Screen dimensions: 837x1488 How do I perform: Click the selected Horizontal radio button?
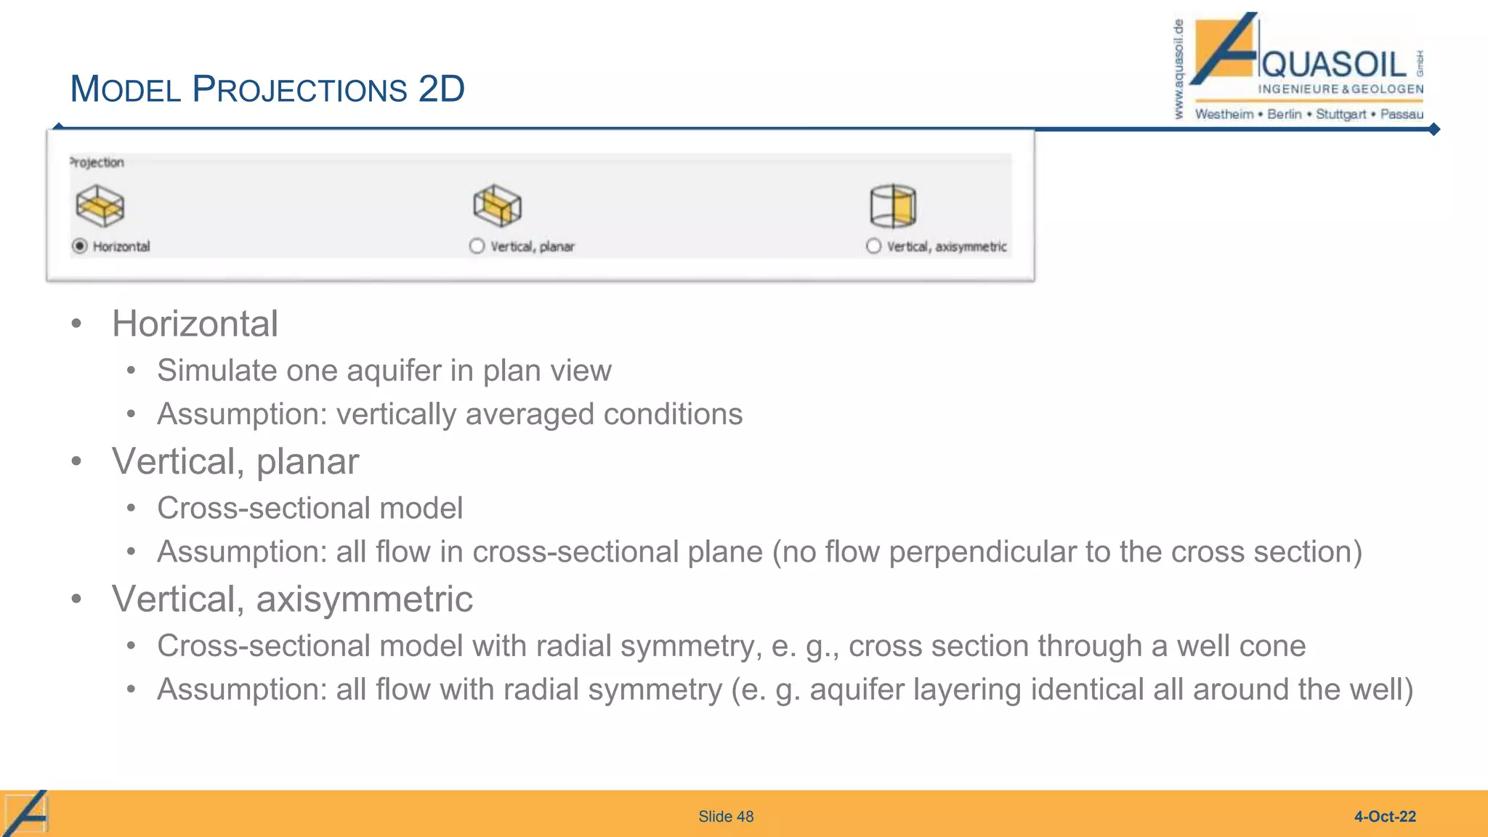80,246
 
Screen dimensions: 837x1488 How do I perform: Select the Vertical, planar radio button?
477,246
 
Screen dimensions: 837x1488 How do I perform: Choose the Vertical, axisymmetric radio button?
873,246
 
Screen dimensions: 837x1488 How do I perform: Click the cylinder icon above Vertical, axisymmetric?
893,206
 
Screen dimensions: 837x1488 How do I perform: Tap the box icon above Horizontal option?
100,206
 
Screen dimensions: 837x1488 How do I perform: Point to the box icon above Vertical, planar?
497,206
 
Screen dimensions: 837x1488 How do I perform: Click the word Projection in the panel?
97,163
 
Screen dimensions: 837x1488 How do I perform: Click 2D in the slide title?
441,89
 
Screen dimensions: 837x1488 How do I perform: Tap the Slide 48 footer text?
726,817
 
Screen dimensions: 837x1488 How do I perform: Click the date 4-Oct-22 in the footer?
1385,817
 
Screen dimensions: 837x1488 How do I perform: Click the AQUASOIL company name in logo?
1334,65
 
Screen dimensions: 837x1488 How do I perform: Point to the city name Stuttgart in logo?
1341,114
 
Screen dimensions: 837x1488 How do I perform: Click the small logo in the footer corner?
26,814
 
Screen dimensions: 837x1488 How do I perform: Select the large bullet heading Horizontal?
195,324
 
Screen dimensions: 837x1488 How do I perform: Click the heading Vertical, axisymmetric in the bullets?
292,599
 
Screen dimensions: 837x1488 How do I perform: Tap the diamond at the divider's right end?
1434,129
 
